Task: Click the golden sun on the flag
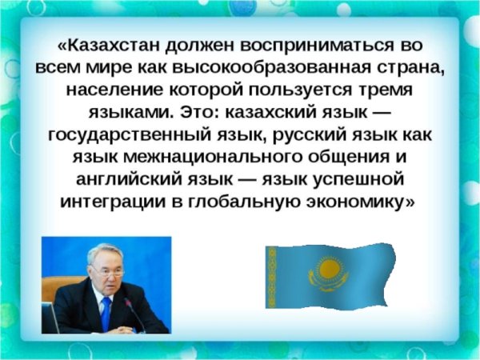(x=328, y=270)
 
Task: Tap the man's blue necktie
(x=106, y=311)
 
